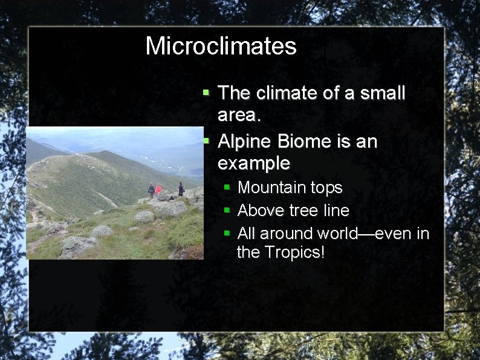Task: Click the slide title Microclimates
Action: [221, 47]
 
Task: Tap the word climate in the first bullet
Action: [285, 93]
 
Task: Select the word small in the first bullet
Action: [381, 93]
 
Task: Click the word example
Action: [253, 163]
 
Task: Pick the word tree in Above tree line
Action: [300, 211]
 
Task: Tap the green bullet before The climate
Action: [206, 93]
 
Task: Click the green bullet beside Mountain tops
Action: [227, 188]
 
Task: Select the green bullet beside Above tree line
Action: [227, 211]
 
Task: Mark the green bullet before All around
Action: [227, 233]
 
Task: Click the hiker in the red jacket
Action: [158, 190]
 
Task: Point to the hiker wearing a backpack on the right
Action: [180, 189]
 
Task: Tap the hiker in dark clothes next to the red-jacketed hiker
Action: [151, 190]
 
